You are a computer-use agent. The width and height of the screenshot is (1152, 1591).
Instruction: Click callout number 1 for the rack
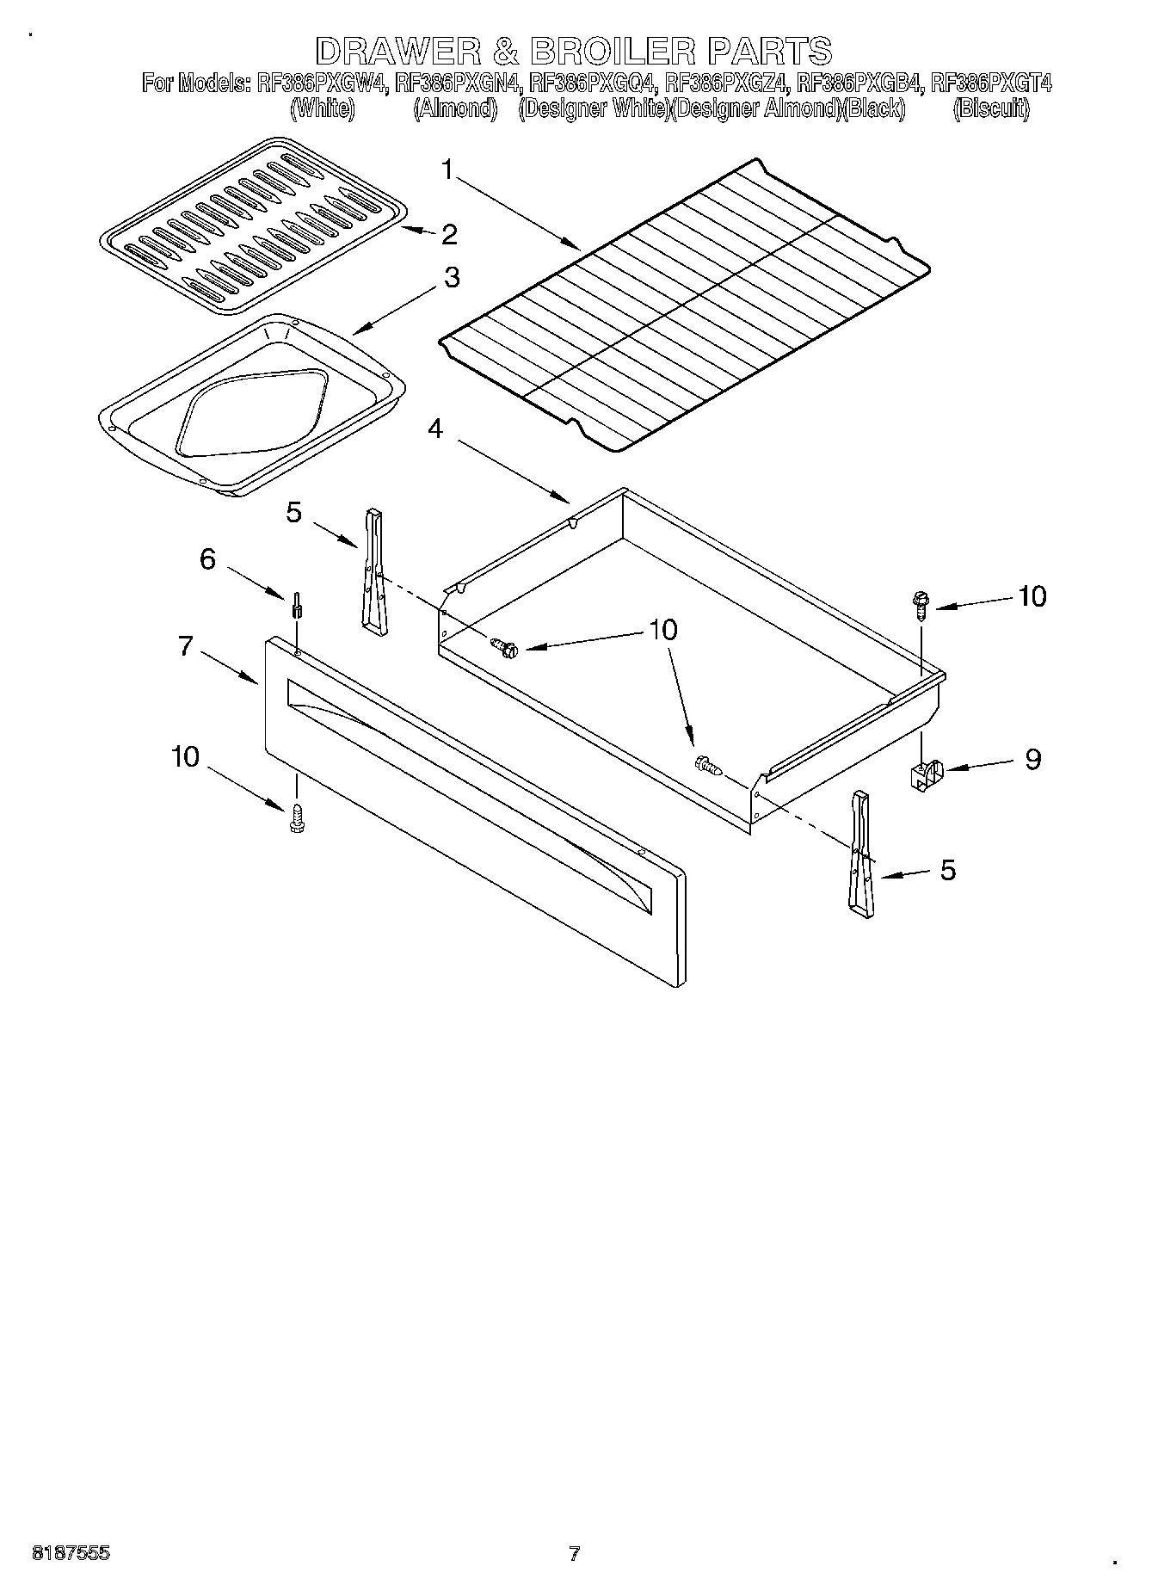click(447, 170)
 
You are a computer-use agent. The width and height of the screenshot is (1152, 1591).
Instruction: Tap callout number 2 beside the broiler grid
click(448, 234)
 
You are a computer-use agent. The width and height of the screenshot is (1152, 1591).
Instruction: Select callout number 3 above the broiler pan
click(451, 278)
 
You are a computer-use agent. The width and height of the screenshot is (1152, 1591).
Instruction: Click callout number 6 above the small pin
click(207, 559)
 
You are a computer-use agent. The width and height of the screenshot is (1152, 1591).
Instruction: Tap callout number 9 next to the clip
click(1032, 759)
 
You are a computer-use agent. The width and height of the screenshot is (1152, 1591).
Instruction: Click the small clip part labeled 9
click(925, 773)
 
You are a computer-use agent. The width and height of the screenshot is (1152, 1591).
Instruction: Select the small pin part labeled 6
click(297, 605)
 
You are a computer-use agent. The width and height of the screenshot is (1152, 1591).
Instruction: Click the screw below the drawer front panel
click(298, 817)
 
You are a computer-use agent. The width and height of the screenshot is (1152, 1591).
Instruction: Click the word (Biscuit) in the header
click(991, 108)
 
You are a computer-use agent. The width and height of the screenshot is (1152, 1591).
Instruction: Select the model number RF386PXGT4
click(991, 83)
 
